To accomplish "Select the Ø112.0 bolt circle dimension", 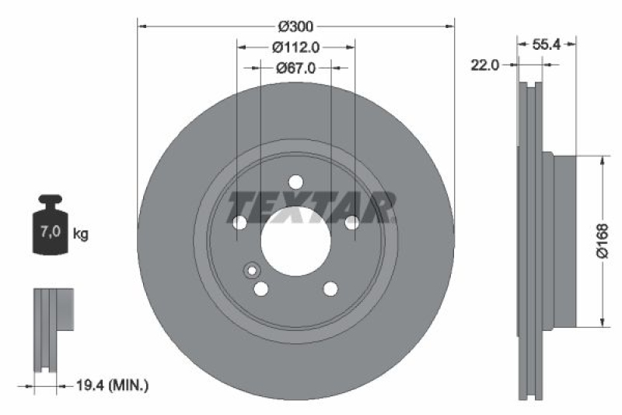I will coord(296,47).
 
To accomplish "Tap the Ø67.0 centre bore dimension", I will coord(296,68).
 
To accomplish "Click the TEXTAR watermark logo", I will coord(311,207).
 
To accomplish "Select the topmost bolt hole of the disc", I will coord(295,182).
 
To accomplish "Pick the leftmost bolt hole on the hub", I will coord(239,223).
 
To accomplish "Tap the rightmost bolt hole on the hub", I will coord(351,223).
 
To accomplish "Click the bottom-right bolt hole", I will coord(330,289).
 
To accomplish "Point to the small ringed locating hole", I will coord(251,270).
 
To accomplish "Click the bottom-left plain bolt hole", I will coord(261,289).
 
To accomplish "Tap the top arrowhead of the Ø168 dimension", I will coord(602,160).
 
